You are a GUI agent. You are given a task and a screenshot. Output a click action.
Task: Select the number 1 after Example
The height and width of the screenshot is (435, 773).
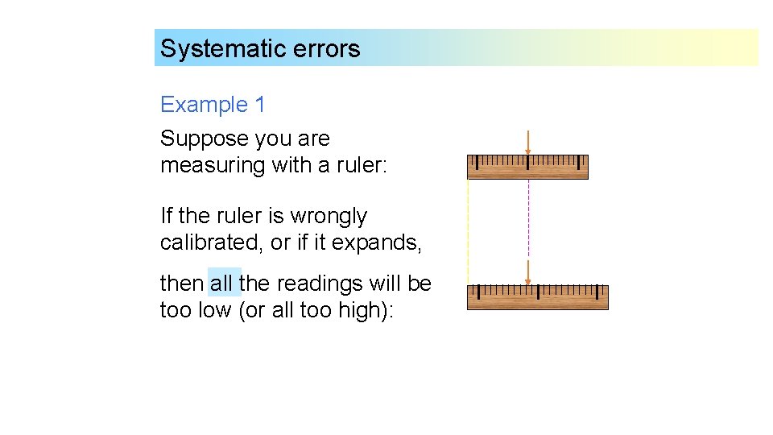259,105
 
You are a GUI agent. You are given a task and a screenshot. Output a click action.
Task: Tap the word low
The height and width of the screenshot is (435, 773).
215,310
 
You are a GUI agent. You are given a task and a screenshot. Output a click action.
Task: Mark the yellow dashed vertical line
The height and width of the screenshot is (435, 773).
468,226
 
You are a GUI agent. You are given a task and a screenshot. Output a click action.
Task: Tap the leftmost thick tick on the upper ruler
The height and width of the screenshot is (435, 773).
477,162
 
